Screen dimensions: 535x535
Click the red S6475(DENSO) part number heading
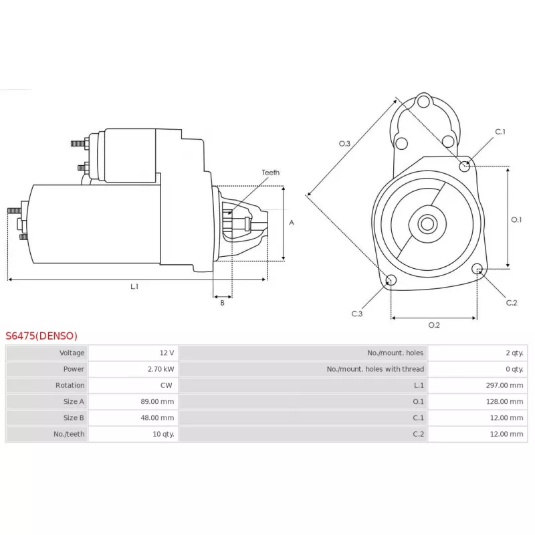click(41, 336)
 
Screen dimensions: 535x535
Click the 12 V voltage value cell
click(167, 353)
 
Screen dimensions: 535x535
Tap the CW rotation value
click(167, 385)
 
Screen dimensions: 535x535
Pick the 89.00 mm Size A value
click(158, 401)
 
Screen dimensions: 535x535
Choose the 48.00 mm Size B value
click(158, 417)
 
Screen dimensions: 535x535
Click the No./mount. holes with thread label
click(375, 369)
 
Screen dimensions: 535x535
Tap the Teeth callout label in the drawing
click(271, 173)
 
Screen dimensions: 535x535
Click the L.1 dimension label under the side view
click(134, 286)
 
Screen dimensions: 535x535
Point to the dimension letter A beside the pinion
click(292, 223)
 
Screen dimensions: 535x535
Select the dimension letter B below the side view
click(222, 303)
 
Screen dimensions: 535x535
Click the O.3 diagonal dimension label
click(344, 144)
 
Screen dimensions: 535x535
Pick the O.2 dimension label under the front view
click(433, 325)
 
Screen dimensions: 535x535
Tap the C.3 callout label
click(357, 313)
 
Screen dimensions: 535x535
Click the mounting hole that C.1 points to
click(465, 165)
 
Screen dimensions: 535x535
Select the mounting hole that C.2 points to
click(477, 270)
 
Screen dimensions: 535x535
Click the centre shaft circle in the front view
click(427, 223)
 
